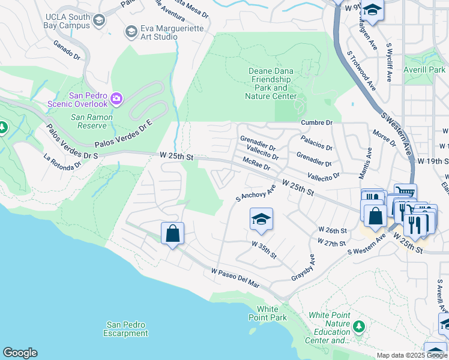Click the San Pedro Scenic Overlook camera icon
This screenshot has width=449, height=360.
coord(116,98)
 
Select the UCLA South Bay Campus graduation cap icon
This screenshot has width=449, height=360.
coord(98,20)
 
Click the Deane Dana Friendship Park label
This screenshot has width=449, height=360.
coord(273,83)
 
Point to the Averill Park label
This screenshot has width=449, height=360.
coord(424,70)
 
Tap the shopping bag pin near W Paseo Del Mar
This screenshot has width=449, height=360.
coord(172,234)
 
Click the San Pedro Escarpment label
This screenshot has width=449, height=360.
coord(125,329)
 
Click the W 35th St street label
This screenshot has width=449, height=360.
coord(264,250)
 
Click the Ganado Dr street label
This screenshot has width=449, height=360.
coord(67,50)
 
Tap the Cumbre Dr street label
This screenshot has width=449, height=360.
coord(316,122)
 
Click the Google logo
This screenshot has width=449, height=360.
coord(20,353)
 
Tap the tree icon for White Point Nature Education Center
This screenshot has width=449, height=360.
coord(359,326)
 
